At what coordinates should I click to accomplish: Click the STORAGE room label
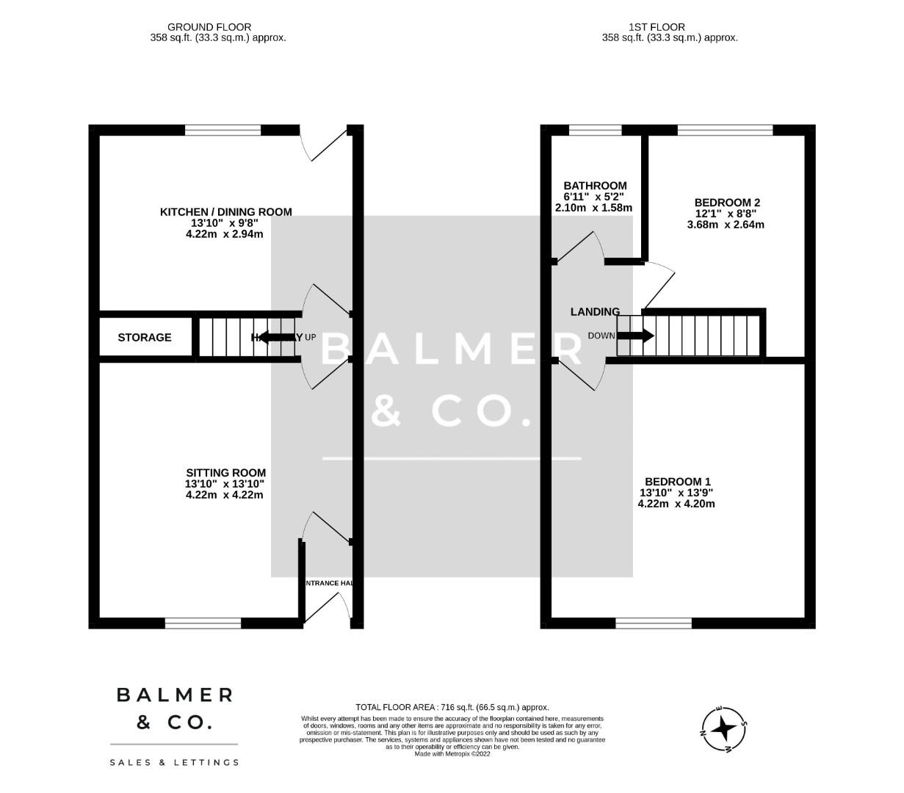tap(145, 338)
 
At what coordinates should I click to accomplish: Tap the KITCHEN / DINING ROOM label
tap(225, 212)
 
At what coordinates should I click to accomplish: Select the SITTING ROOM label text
tap(225, 473)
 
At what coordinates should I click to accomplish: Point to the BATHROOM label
tap(595, 186)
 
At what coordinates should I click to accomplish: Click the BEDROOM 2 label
tap(727, 203)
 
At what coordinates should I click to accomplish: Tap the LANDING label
tap(595, 312)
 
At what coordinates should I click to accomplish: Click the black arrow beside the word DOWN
tap(636, 336)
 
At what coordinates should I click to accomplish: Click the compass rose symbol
tap(724, 729)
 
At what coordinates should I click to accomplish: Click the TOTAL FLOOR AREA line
tap(452, 707)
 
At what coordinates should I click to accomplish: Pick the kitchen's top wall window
tap(223, 130)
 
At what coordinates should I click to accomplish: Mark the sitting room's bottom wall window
tap(203, 623)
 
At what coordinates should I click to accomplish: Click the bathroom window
tap(595, 130)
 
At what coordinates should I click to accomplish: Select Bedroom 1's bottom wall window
tap(654, 623)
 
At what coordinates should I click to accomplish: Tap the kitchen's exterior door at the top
tap(324, 142)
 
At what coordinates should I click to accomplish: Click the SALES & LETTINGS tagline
tap(175, 763)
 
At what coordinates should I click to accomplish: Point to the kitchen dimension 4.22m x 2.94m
tap(225, 234)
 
